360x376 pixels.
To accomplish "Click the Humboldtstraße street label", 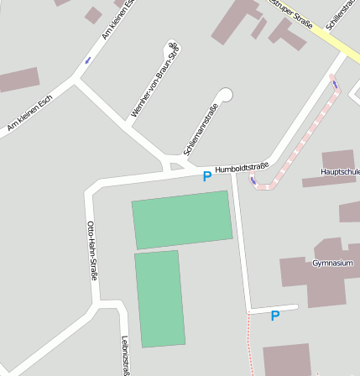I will point(242,168).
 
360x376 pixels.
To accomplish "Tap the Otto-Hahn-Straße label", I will point(92,249).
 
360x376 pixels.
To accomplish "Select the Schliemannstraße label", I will point(201,129).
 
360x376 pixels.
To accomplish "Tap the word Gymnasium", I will point(331,264).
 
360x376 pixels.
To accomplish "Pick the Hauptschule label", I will point(340,171).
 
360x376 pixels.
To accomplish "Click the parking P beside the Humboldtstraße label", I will point(207,176).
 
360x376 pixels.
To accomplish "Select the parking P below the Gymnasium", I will point(274,316).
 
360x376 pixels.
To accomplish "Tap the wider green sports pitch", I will point(182,219).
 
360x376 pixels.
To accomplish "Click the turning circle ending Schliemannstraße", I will point(225,94).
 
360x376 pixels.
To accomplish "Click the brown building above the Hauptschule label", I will point(338,159).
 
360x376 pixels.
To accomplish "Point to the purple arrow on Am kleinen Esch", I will point(86,60).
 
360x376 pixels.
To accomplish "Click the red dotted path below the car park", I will point(250,344).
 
